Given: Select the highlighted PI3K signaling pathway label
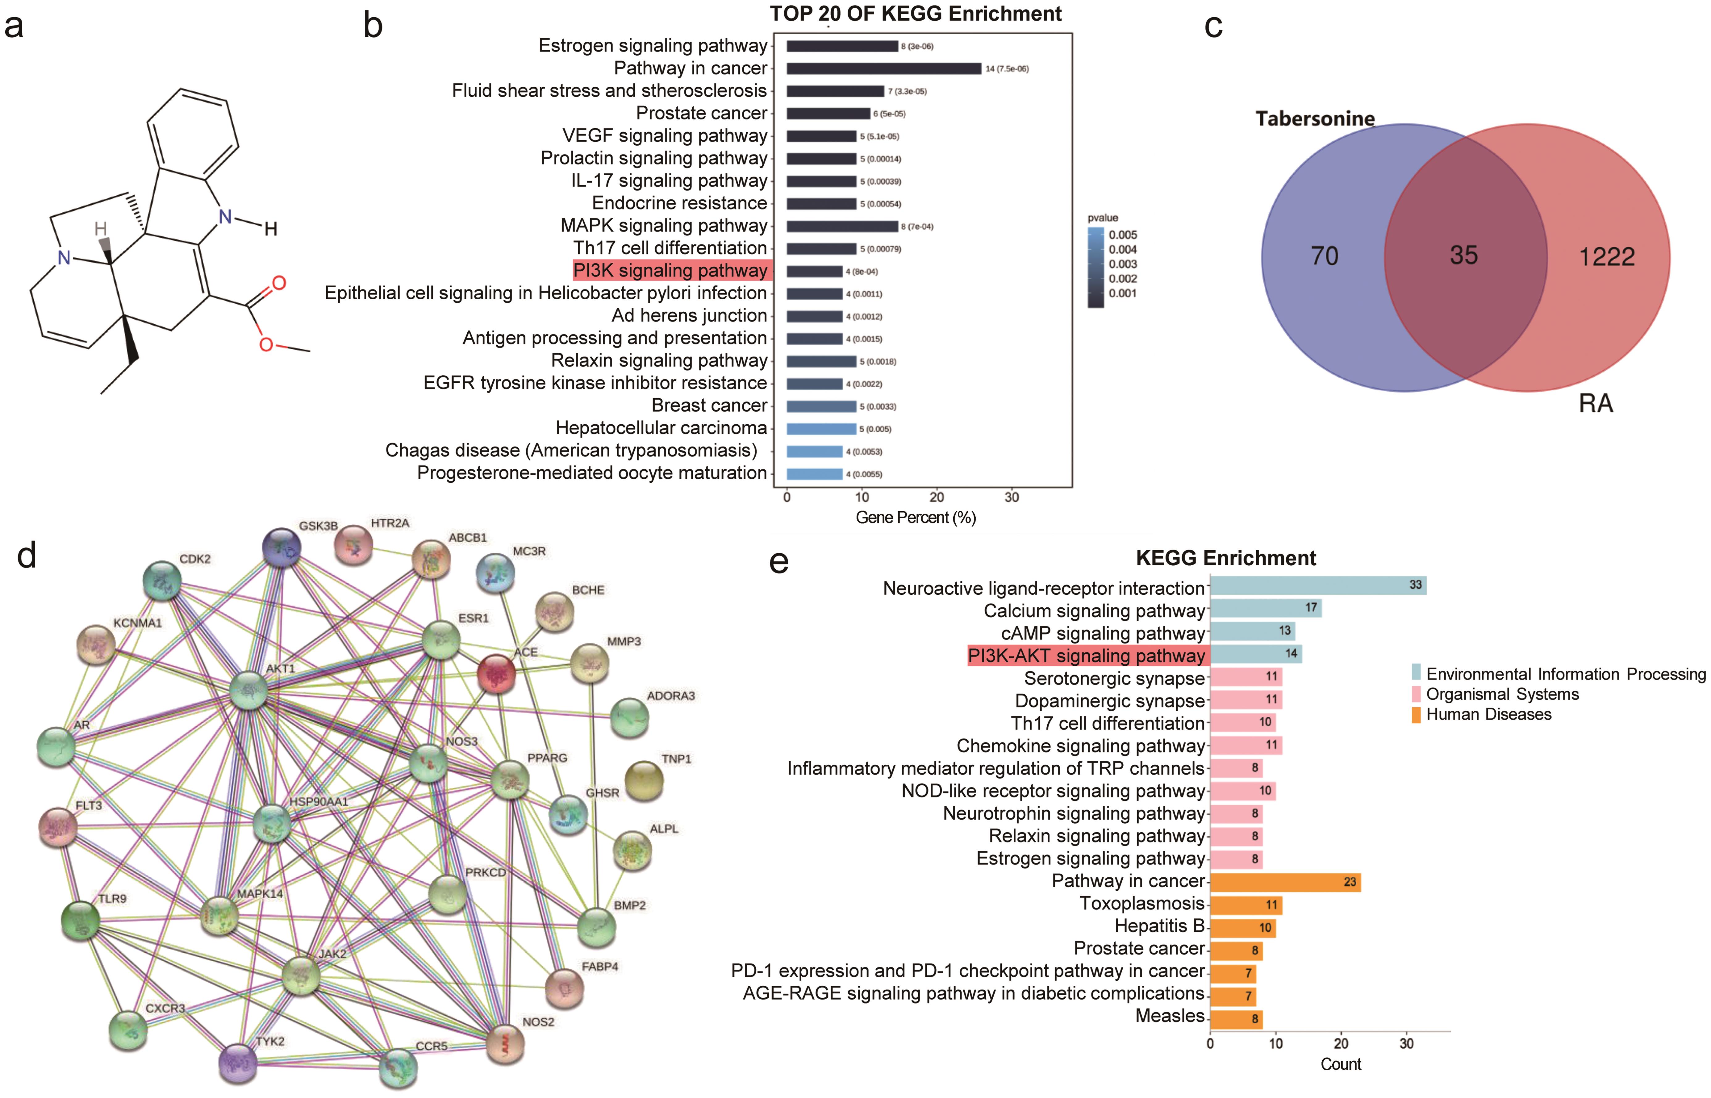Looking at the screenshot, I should click(x=670, y=270).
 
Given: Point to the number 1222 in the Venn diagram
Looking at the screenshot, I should click(x=1606, y=257).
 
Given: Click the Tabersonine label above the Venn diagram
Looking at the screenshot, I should click(x=1314, y=119).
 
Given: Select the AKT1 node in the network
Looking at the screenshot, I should click(x=248, y=690).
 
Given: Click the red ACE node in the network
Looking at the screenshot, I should click(x=496, y=672).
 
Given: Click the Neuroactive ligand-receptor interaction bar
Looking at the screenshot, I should click(x=1317, y=585).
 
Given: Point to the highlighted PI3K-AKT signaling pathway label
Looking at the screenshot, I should click(x=1086, y=655).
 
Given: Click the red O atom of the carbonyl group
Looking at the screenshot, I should click(x=279, y=283).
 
